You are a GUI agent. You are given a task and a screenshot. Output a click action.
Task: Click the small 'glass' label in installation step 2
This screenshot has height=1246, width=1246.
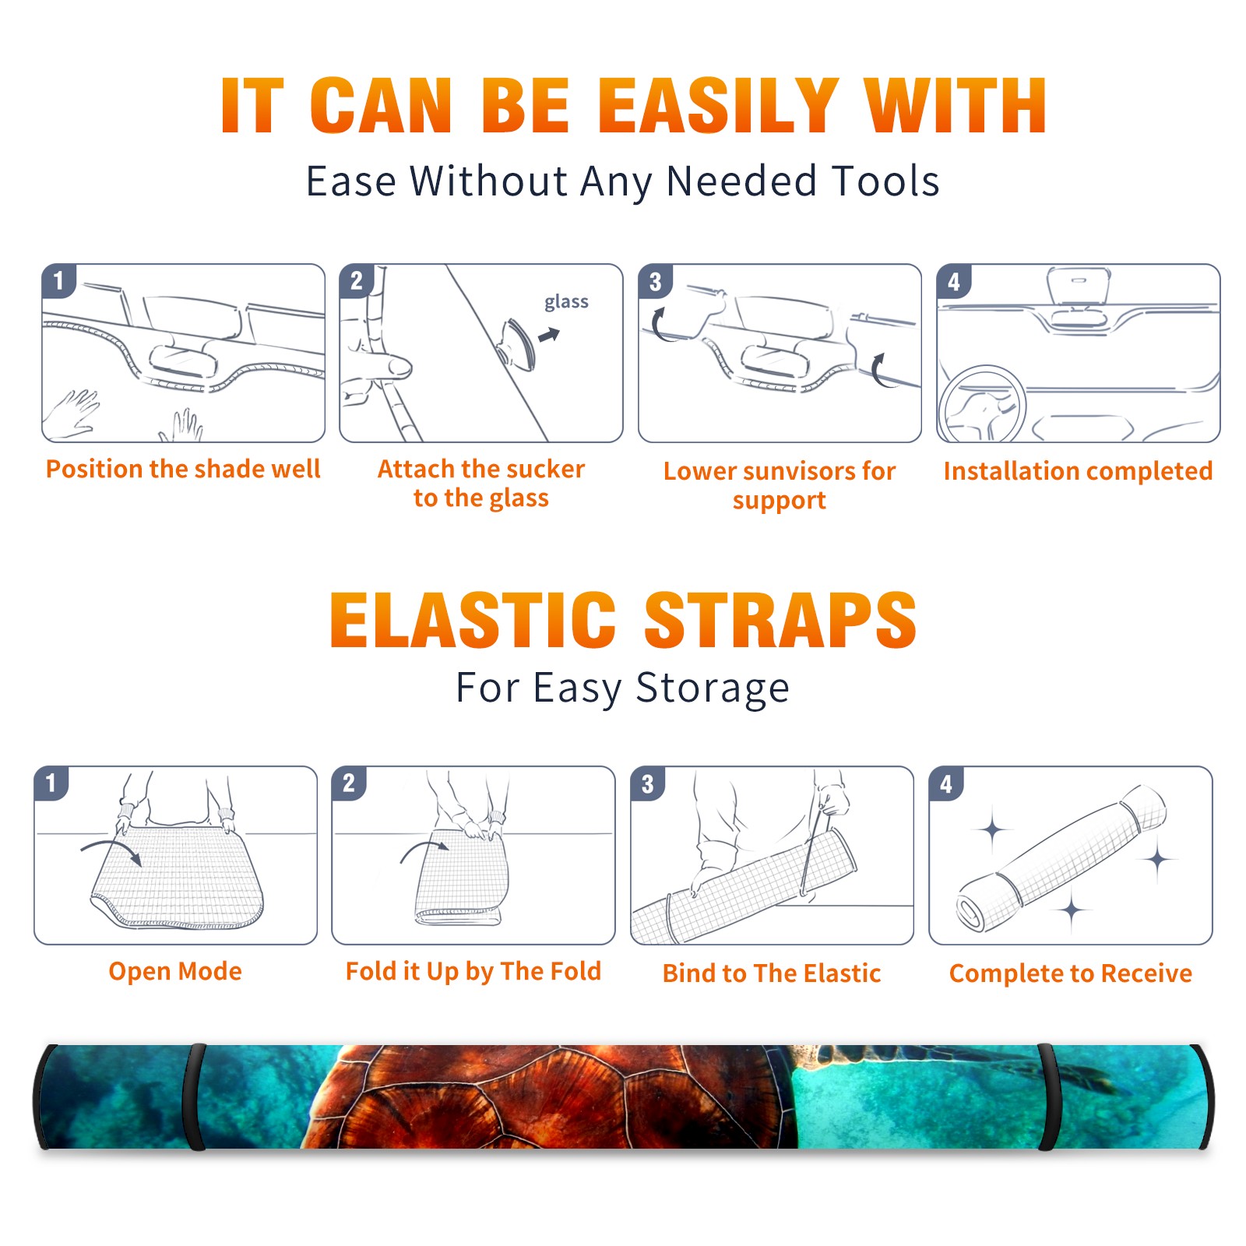566,301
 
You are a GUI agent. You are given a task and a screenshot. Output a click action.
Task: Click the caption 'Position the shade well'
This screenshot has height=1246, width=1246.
183,469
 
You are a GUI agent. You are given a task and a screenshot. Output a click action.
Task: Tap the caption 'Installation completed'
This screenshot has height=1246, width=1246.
1078,470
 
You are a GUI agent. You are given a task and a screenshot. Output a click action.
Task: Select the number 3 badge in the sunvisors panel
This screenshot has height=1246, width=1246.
655,281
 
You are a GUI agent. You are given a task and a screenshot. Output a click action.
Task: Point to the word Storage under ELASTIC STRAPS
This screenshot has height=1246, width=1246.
713,688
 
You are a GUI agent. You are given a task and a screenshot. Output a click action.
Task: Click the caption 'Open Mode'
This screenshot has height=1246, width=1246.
175,971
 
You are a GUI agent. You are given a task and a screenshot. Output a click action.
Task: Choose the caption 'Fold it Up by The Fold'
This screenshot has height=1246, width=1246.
473,971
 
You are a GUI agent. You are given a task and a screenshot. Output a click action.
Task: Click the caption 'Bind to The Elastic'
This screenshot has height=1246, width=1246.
772,973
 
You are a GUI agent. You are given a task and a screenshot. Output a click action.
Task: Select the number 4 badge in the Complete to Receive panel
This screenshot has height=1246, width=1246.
946,783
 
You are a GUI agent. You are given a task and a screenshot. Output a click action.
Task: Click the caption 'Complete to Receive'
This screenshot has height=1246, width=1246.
1071,973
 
